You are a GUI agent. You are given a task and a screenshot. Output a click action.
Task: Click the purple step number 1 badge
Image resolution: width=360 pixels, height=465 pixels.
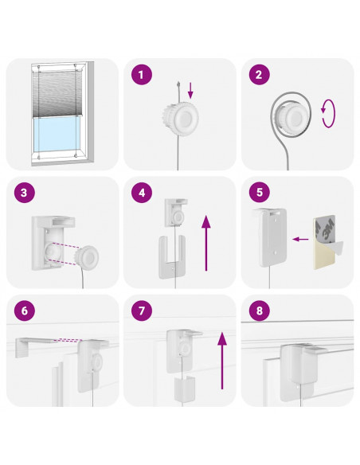coord(142,74)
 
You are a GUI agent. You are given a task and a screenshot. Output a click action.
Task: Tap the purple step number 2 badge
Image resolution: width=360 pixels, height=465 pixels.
coord(259,74)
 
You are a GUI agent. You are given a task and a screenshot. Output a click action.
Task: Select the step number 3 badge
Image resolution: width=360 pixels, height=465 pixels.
coord(25,193)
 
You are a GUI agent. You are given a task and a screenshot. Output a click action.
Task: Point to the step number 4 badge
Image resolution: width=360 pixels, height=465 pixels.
coord(142,193)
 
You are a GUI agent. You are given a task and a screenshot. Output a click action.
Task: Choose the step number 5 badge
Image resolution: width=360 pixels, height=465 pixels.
coord(259,193)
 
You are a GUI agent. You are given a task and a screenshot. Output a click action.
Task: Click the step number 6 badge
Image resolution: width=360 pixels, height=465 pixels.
coord(25,311)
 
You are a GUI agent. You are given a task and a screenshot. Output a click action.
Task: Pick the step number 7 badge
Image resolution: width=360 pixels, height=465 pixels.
coord(142,311)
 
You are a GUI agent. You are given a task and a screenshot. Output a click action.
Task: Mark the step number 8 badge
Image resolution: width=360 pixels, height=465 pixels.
coord(259,311)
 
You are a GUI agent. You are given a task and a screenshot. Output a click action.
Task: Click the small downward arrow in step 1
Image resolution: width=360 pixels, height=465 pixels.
coord(190,91)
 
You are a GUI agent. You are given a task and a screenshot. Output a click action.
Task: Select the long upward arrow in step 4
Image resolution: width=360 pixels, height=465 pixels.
coord(206,243)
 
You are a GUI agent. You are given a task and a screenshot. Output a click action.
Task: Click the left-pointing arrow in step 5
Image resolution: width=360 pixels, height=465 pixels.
coord(300,239)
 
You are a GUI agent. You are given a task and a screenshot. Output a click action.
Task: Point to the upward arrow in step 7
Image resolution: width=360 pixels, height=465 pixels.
coord(222,361)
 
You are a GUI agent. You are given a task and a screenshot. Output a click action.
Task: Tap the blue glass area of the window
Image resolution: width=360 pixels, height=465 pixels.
coord(57,136)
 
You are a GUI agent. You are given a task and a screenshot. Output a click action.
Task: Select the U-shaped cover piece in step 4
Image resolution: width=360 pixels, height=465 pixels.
coord(172,257)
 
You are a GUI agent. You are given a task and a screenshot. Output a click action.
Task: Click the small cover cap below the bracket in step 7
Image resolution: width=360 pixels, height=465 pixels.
coord(185,389)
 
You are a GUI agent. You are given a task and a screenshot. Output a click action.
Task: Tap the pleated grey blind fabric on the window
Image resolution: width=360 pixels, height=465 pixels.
coord(57,94)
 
